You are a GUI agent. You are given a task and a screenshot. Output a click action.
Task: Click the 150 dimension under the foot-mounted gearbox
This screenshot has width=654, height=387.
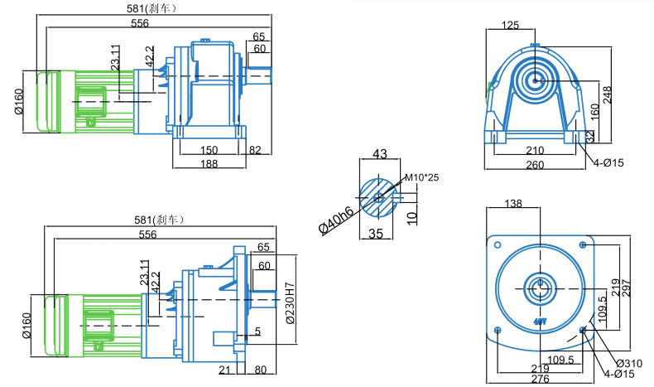(x=209, y=150)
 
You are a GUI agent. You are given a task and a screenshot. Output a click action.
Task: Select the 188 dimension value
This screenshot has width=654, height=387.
(x=209, y=165)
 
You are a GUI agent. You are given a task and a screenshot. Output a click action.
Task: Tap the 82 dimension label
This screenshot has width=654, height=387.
(x=254, y=150)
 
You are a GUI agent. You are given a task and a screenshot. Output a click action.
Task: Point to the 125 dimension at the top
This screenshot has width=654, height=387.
(x=511, y=26)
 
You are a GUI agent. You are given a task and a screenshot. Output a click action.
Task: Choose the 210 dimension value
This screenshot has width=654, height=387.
(x=535, y=150)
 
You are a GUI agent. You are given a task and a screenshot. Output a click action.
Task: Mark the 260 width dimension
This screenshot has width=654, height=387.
(x=535, y=165)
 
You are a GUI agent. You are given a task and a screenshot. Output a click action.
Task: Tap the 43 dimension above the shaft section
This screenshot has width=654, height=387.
(x=380, y=154)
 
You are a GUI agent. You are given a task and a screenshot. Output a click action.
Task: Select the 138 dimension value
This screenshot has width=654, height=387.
(x=513, y=203)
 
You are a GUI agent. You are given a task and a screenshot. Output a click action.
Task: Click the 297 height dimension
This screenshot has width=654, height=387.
(x=637, y=286)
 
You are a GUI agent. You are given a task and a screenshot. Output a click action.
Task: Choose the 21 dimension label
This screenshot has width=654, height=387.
(x=225, y=370)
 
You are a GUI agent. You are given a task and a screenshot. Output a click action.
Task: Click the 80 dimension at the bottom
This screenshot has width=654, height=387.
(x=262, y=370)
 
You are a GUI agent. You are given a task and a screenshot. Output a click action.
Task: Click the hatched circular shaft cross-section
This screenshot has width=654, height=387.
(x=378, y=197)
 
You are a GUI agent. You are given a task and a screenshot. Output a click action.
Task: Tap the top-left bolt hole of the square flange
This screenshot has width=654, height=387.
(x=498, y=244)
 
